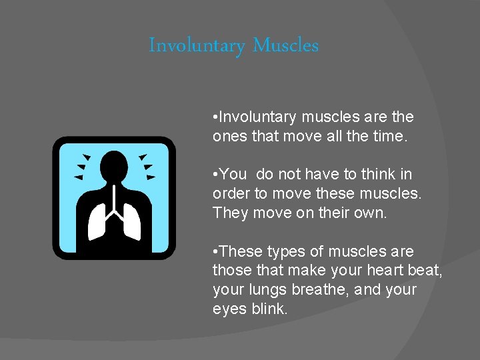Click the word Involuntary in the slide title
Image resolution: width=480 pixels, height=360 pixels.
(197, 46)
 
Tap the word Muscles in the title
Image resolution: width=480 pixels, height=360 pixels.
(286, 45)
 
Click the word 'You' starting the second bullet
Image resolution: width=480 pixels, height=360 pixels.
(233, 175)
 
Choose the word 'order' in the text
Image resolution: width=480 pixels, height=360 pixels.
(230, 194)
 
